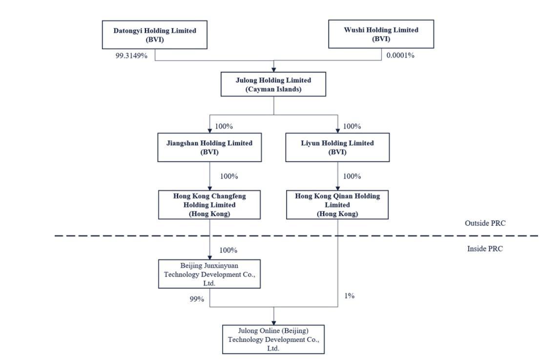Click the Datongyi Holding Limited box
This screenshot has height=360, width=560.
tap(155, 35)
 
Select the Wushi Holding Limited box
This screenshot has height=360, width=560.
tap(381, 34)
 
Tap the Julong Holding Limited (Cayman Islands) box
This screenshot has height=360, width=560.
tap(273, 84)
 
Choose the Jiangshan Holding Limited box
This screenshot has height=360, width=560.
tap(209, 147)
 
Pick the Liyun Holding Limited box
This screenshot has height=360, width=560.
tap(337, 147)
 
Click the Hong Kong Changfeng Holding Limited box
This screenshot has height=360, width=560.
tap(209, 205)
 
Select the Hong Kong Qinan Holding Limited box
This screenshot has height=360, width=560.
tap(337, 205)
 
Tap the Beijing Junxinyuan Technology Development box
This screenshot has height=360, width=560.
tap(209, 274)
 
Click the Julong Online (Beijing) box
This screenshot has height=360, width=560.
tap(273, 340)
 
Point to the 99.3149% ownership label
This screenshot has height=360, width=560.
tap(131, 56)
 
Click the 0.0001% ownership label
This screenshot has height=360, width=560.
tap(400, 55)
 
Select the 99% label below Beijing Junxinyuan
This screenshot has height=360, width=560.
tap(197, 299)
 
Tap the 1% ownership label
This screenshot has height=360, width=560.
tap(349, 296)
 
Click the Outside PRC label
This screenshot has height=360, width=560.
tap(485, 223)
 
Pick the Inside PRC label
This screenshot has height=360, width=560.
tap(485, 249)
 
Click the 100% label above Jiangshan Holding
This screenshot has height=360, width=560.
tap(224, 126)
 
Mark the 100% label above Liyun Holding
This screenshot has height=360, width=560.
tap(352, 126)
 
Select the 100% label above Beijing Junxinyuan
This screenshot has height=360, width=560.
tap(228, 250)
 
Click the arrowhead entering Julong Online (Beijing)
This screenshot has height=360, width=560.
tap(273, 322)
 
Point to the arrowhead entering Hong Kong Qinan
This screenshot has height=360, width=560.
tap(337, 188)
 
